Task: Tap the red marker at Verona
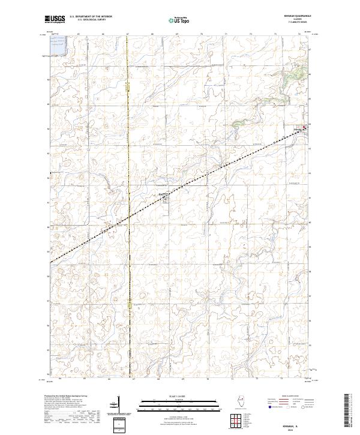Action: pyautogui.click(x=304, y=127)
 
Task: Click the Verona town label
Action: pyautogui.click(x=297, y=127)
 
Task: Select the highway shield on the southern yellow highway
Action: pyautogui.click(x=128, y=306)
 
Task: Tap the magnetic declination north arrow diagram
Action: pyautogui.click(x=119, y=405)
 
